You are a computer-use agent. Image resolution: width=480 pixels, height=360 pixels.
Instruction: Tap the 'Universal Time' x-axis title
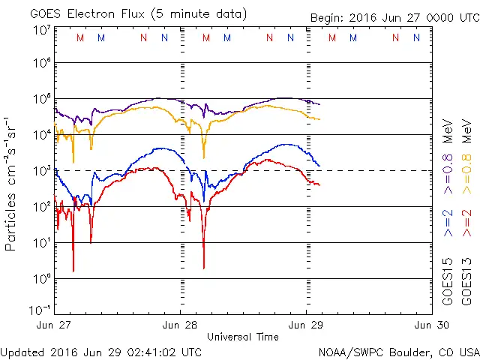[x=243, y=337]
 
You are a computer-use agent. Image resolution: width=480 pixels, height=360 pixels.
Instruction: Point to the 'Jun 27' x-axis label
[x=53, y=325]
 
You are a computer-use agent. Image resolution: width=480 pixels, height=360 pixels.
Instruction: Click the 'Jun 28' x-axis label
[x=180, y=325]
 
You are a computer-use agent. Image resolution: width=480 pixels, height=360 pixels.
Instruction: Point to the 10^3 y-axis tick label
[x=41, y=170]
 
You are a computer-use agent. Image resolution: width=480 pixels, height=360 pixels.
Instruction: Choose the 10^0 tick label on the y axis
[x=41, y=278]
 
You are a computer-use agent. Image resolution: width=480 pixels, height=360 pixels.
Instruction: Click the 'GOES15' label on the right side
[x=448, y=281]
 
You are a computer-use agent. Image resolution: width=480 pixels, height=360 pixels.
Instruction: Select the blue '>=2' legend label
[x=448, y=223]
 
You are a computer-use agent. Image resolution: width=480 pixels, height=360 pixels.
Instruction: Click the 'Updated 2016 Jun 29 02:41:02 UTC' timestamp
[x=101, y=352]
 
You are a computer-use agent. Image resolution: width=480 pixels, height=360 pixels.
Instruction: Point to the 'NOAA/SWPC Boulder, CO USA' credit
[x=398, y=352]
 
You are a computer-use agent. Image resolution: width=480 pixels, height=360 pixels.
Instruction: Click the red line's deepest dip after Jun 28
[x=204, y=267]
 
